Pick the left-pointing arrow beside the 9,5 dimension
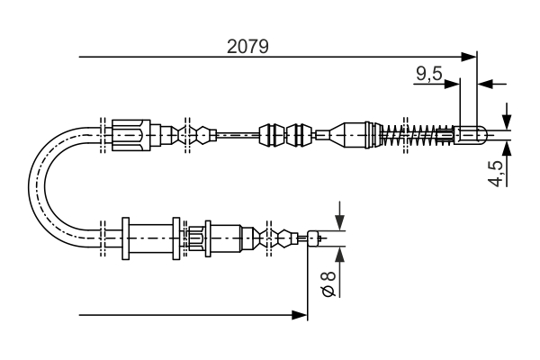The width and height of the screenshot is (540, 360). pos(485,84)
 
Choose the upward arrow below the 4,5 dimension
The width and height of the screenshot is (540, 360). pos(506,149)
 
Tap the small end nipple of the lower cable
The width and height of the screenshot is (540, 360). pos(313,238)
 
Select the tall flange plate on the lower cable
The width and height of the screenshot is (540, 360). pos(125,238)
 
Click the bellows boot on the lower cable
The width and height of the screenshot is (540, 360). pos(274,238)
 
